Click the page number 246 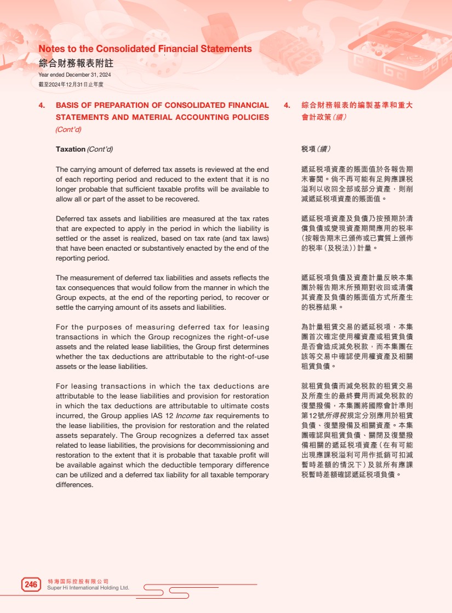pos(31,585)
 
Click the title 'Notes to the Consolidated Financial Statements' pos(145,49)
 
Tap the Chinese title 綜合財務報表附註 pos(76,63)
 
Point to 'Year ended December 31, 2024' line pos(75,75)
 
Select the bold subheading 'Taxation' pos(71,149)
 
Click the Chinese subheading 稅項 pos(308,149)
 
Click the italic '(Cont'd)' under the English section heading pos(68,130)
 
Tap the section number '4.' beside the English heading pos(42,105)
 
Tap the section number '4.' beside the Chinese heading pos(287,105)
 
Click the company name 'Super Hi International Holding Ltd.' pos(88,588)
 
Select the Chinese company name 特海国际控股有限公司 pos(78,581)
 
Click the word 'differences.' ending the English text pos(75,485)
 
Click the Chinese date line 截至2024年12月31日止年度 pos(71,84)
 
